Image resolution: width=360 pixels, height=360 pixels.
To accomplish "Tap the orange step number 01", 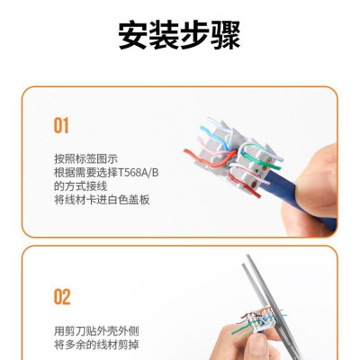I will point(61,125).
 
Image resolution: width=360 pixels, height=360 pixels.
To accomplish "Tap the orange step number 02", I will point(61,296).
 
